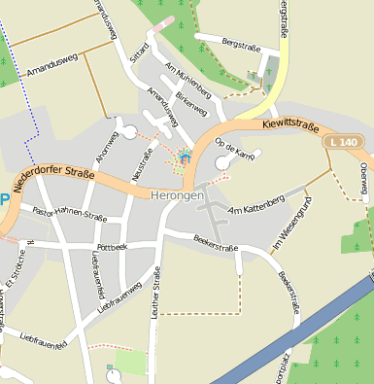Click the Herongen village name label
coord(179,195)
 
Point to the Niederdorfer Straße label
coord(54,181)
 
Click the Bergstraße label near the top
coord(243,45)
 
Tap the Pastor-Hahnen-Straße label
coord(69,213)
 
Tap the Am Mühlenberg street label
coord(187,82)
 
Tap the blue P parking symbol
coord(4,200)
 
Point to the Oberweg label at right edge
coord(364,177)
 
